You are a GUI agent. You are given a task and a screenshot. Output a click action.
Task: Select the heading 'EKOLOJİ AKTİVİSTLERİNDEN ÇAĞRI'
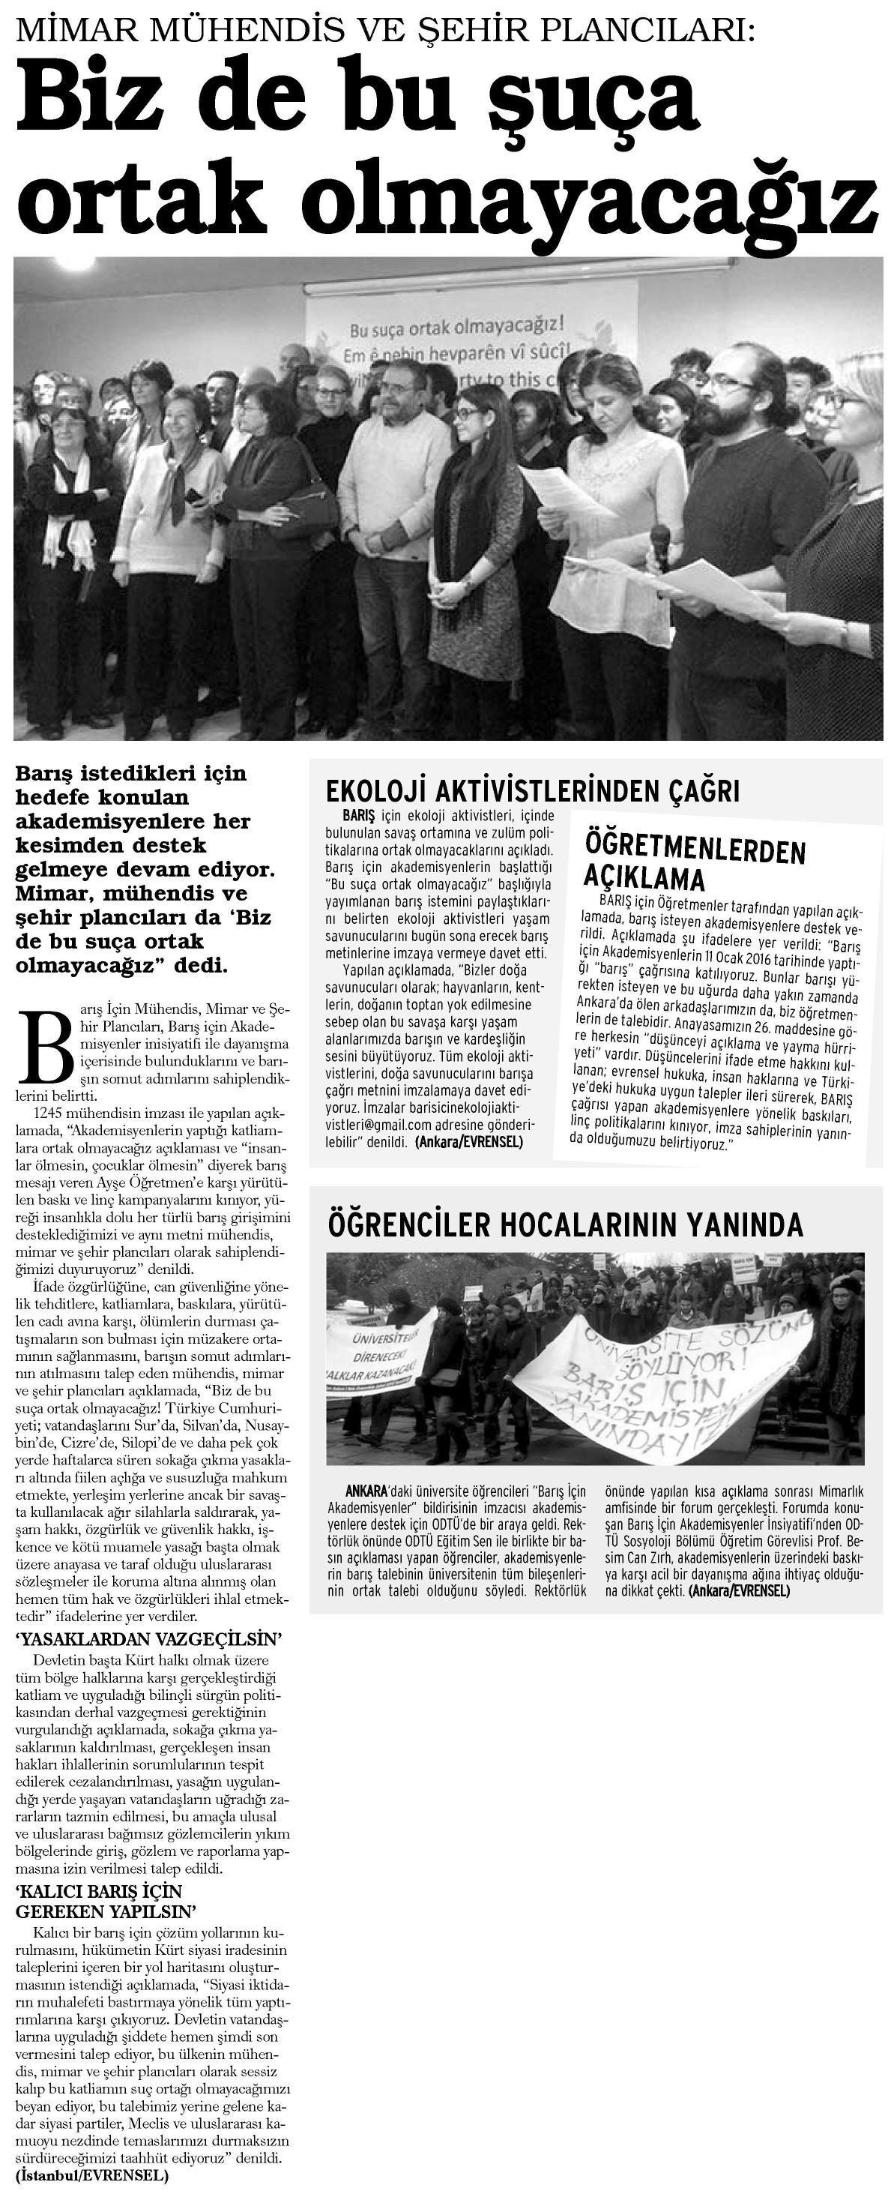(x=533, y=790)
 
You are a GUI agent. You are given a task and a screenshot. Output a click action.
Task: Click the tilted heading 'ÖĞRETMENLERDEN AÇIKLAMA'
(x=694, y=862)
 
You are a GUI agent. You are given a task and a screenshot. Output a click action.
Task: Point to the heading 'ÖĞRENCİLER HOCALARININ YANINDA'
(x=565, y=1224)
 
